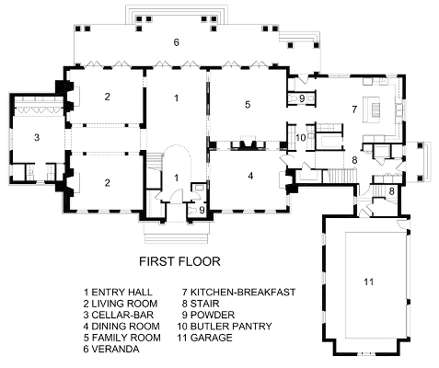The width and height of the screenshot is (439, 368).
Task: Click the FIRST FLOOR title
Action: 179,261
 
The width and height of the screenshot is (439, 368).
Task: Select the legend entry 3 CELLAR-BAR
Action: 119,315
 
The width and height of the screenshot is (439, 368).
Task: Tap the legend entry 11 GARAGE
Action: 204,338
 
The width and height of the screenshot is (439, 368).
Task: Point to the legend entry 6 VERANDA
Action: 111,349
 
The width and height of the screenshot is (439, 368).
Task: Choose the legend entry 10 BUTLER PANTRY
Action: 225,327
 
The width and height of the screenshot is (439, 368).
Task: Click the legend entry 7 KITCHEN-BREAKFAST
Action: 238,293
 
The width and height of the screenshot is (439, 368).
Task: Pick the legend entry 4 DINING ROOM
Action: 121,327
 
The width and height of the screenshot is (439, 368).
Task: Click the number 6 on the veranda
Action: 176,42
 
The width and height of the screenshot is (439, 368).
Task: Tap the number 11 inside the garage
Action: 368,282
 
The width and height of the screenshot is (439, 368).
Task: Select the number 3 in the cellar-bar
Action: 37,137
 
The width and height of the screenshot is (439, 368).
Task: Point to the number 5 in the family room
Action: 248,105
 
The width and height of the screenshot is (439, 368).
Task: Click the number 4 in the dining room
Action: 250,176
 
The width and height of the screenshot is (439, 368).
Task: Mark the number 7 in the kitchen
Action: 354,109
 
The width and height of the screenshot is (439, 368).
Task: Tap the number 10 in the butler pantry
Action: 301,138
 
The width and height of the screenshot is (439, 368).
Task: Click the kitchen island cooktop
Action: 375,110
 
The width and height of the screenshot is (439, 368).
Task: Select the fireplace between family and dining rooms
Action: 244,144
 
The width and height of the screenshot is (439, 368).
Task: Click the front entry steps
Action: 178,233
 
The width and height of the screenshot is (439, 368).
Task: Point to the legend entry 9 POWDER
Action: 208,315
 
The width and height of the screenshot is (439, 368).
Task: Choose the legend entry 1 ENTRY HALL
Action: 118,293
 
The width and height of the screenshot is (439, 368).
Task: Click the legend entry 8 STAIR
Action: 201,304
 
